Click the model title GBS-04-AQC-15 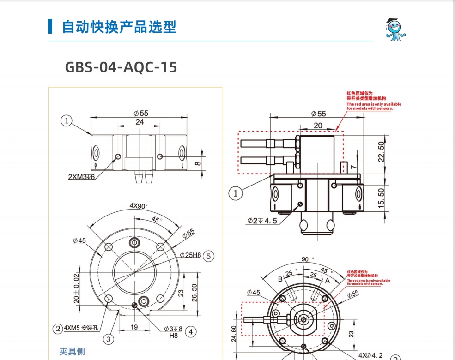pyautogui.click(x=121, y=67)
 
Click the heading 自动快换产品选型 pyautogui.click(x=119, y=27)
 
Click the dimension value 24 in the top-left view pyautogui.click(x=139, y=122)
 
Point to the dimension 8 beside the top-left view pyautogui.click(x=198, y=163)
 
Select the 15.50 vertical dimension pyautogui.click(x=381, y=198)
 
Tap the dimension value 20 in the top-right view pyautogui.click(x=318, y=126)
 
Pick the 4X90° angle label pyautogui.click(x=138, y=206)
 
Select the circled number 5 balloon pyautogui.click(x=209, y=256)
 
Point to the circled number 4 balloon pyautogui.click(x=191, y=331)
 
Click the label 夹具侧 pyautogui.click(x=72, y=351)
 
